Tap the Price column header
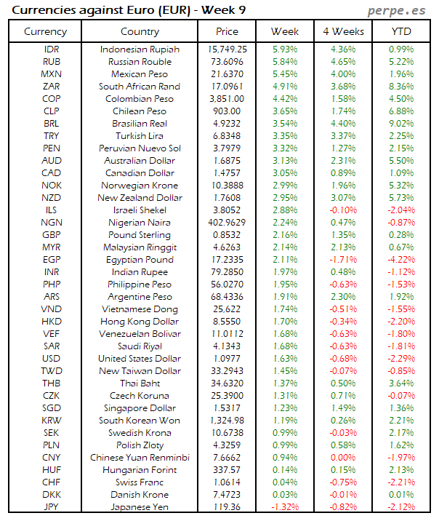227,31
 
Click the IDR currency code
52,49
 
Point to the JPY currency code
52,506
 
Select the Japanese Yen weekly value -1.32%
283,506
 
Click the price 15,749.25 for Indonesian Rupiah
227,49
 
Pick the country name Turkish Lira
140,135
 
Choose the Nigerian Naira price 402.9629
227,222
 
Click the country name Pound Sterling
140,234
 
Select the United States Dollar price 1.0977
227,358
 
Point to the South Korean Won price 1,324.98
227,420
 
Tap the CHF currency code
52,482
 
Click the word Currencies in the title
44,10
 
